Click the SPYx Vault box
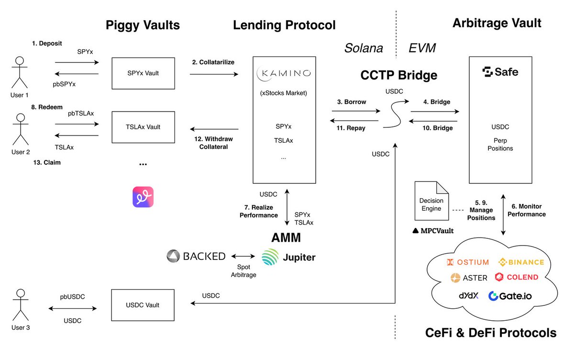(x=143, y=73)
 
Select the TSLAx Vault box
(x=143, y=127)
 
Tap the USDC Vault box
(x=143, y=305)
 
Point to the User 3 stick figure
(x=20, y=306)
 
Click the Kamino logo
(x=284, y=73)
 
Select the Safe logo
(x=500, y=72)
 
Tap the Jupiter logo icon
(x=270, y=257)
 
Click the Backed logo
(x=196, y=256)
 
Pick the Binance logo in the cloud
(x=521, y=262)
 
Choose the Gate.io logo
(x=510, y=296)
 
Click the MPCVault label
(x=433, y=231)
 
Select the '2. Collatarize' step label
(x=213, y=62)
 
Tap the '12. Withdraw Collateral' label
(x=214, y=143)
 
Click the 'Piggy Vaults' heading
(x=143, y=25)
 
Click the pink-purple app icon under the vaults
(x=143, y=197)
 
